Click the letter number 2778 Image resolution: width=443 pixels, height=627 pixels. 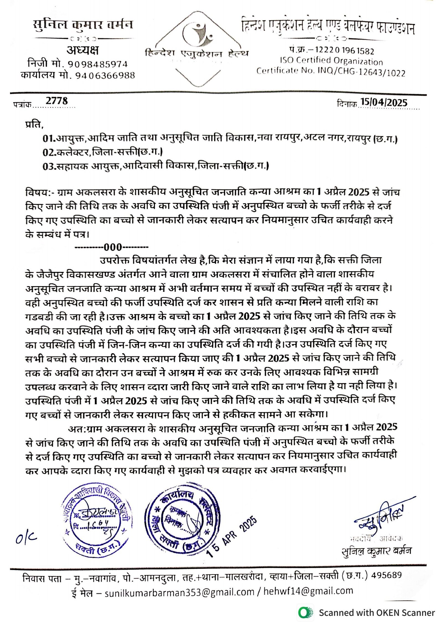56,101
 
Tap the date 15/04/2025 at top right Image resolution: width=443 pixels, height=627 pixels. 383,102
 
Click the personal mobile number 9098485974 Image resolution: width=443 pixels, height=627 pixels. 98,64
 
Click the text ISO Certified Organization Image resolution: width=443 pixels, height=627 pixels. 331,61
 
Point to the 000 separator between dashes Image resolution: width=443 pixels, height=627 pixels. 113,247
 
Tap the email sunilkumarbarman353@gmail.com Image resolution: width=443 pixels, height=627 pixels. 179,592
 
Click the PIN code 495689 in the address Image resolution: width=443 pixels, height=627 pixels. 386,575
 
